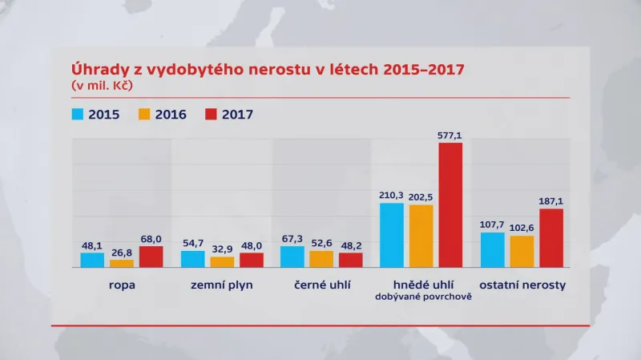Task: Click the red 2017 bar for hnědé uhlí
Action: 450,205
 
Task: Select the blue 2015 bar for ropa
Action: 92,260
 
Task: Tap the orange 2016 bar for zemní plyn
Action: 222,261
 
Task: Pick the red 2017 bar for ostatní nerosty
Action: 551,238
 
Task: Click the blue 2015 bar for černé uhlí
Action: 292,257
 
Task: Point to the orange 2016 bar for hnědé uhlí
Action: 421,236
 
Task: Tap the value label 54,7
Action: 192,244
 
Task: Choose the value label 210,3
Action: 391,196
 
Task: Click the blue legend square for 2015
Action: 79,114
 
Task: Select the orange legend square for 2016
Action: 147,114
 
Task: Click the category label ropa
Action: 122,285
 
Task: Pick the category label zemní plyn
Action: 222,285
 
